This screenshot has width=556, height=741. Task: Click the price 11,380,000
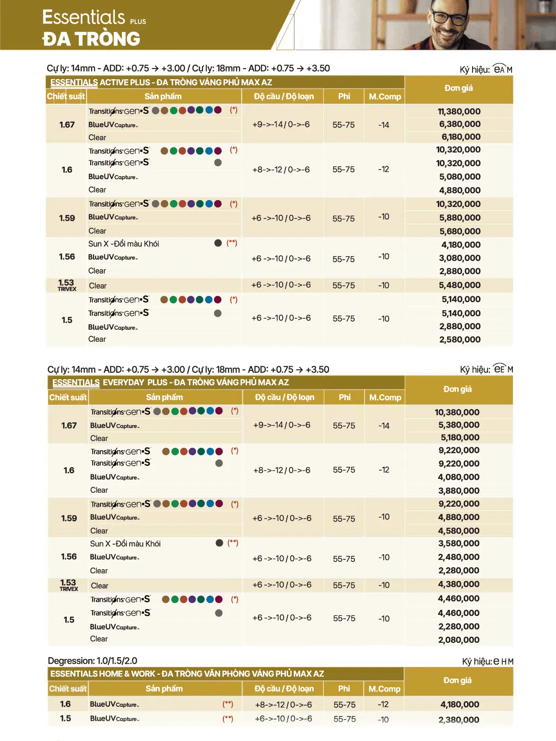click(x=459, y=111)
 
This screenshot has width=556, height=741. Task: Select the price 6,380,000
click(x=460, y=124)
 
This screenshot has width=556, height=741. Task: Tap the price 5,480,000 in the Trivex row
click(x=460, y=285)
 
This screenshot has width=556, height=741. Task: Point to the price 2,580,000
click(x=460, y=339)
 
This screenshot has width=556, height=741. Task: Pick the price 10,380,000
click(x=457, y=412)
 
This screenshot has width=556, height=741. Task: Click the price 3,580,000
click(x=459, y=543)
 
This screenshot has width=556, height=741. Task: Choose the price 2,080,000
click(x=459, y=640)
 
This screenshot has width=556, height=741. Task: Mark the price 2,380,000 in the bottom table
click(x=459, y=720)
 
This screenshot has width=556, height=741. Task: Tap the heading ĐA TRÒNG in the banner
click(x=91, y=39)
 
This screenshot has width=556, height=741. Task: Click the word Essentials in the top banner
click(x=84, y=17)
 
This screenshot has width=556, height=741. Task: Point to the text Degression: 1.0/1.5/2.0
click(x=93, y=661)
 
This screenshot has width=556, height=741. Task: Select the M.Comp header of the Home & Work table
click(x=384, y=689)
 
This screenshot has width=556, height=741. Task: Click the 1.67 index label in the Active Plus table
click(x=67, y=125)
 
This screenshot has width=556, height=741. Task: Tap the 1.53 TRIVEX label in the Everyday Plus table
click(x=69, y=584)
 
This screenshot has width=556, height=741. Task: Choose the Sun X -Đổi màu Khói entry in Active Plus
click(x=124, y=244)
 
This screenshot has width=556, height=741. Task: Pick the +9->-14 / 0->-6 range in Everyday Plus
click(x=282, y=425)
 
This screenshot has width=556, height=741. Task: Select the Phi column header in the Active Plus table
click(x=344, y=96)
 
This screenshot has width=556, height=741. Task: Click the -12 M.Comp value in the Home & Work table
click(x=383, y=704)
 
